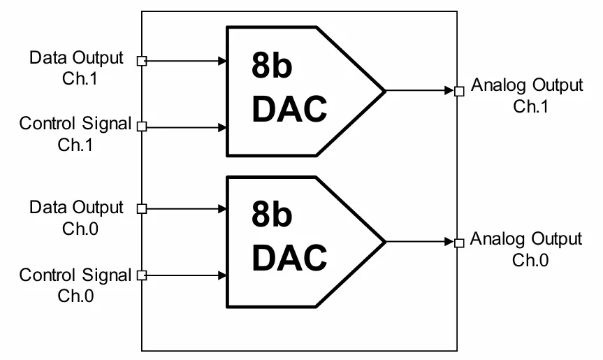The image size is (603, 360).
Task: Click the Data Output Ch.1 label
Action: click(76, 68)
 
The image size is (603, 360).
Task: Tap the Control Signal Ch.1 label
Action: click(75, 134)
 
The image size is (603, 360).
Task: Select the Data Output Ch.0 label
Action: click(76, 217)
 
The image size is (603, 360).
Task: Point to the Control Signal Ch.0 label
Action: click(75, 285)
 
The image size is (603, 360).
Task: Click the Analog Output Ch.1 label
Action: click(527, 95)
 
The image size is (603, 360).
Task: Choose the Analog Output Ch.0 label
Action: click(525, 250)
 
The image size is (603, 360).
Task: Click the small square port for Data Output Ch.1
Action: click(142, 61)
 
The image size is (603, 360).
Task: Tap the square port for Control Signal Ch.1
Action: click(142, 127)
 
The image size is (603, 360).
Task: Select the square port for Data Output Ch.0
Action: click(142, 209)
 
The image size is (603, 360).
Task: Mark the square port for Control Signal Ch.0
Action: click(142, 275)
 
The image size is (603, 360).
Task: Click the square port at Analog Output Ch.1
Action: click(459, 91)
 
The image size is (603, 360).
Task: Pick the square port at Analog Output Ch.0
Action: click(459, 243)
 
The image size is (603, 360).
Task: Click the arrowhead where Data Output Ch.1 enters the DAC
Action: click(222, 61)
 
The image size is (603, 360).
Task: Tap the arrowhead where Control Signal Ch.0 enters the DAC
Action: click(222, 275)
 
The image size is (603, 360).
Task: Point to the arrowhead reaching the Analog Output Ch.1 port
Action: click(449, 91)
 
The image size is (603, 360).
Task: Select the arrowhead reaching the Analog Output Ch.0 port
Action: click(449, 242)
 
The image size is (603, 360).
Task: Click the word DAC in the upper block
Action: click(289, 109)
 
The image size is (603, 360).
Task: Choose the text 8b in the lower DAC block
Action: click(272, 214)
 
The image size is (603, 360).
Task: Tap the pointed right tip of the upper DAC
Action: click(385, 91)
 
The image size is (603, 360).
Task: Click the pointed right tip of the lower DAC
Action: click(385, 242)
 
